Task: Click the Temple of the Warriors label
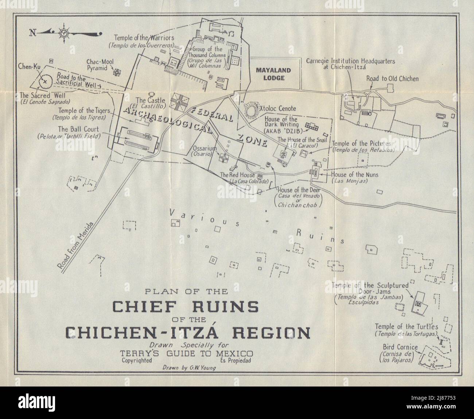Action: [x=144, y=38]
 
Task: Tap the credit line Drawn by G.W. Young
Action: [x=190, y=368]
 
